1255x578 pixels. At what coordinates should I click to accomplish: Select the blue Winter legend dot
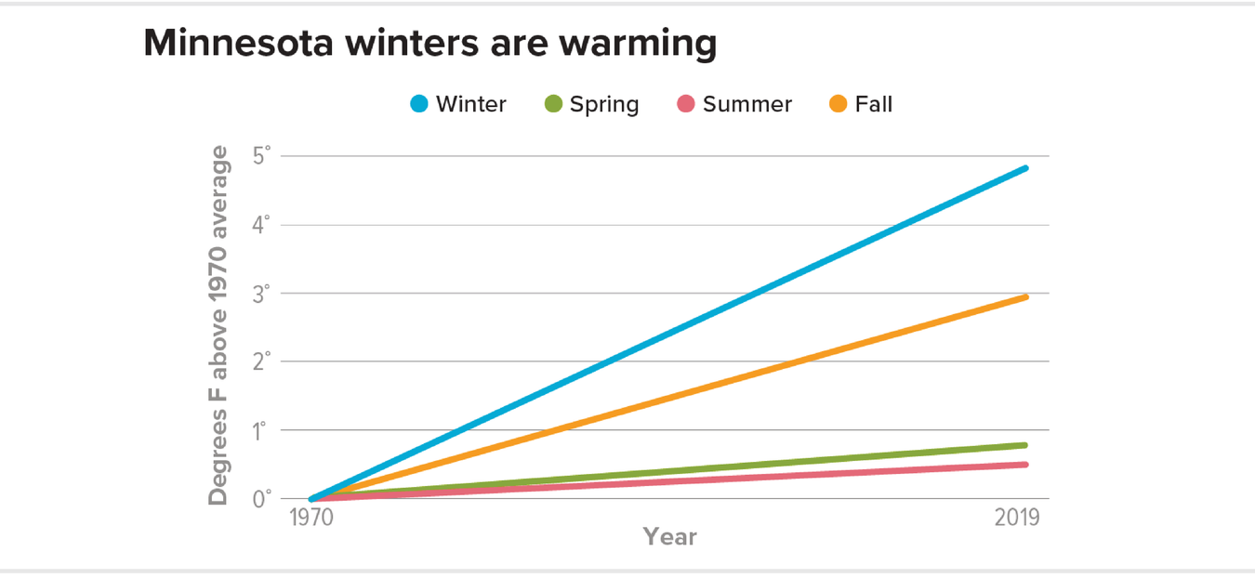pyautogui.click(x=420, y=104)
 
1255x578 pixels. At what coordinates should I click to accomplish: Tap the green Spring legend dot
pyautogui.click(x=553, y=104)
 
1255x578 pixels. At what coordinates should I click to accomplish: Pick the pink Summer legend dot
pyautogui.click(x=686, y=104)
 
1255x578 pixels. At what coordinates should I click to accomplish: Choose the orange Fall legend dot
pyautogui.click(x=839, y=104)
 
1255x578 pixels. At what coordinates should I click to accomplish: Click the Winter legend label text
pyautogui.click(x=471, y=104)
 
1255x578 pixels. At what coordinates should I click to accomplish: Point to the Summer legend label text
pyautogui.click(x=747, y=104)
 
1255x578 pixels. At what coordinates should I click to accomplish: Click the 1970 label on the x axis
pyautogui.click(x=312, y=518)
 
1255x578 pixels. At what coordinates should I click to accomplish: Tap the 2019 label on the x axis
pyautogui.click(x=1016, y=518)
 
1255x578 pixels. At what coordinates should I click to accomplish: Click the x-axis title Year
pyautogui.click(x=669, y=537)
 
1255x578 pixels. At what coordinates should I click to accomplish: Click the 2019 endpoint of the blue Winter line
pyautogui.click(x=1024, y=168)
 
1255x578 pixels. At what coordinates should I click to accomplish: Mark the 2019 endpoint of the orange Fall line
pyautogui.click(x=1024, y=296)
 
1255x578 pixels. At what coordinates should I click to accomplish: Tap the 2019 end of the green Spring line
pyautogui.click(x=1024, y=445)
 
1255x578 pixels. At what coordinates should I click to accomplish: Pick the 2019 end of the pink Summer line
pyautogui.click(x=1024, y=465)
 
